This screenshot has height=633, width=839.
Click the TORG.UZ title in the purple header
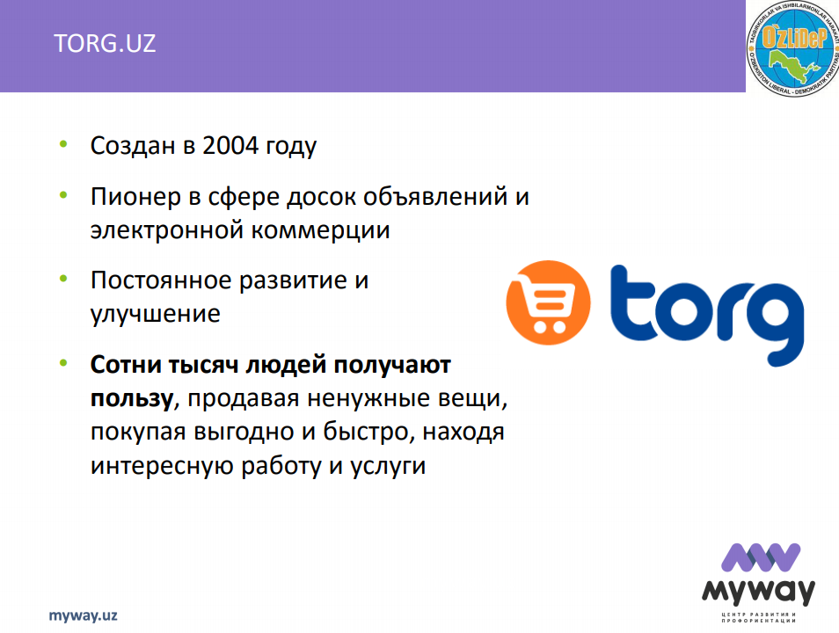105,43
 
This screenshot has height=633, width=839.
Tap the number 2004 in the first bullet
230,146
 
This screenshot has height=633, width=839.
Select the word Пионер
136,197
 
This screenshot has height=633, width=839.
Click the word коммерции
320,230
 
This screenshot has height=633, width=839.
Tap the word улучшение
155,314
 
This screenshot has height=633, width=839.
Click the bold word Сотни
126,365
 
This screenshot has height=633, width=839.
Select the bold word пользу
132,399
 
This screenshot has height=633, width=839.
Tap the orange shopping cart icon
548,302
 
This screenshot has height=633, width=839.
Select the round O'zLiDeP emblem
792,49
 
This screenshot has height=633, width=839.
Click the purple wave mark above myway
761,557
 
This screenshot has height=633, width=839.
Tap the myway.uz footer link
83,616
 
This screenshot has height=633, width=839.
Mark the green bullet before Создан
63,143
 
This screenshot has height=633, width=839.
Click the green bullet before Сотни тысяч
63,363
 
